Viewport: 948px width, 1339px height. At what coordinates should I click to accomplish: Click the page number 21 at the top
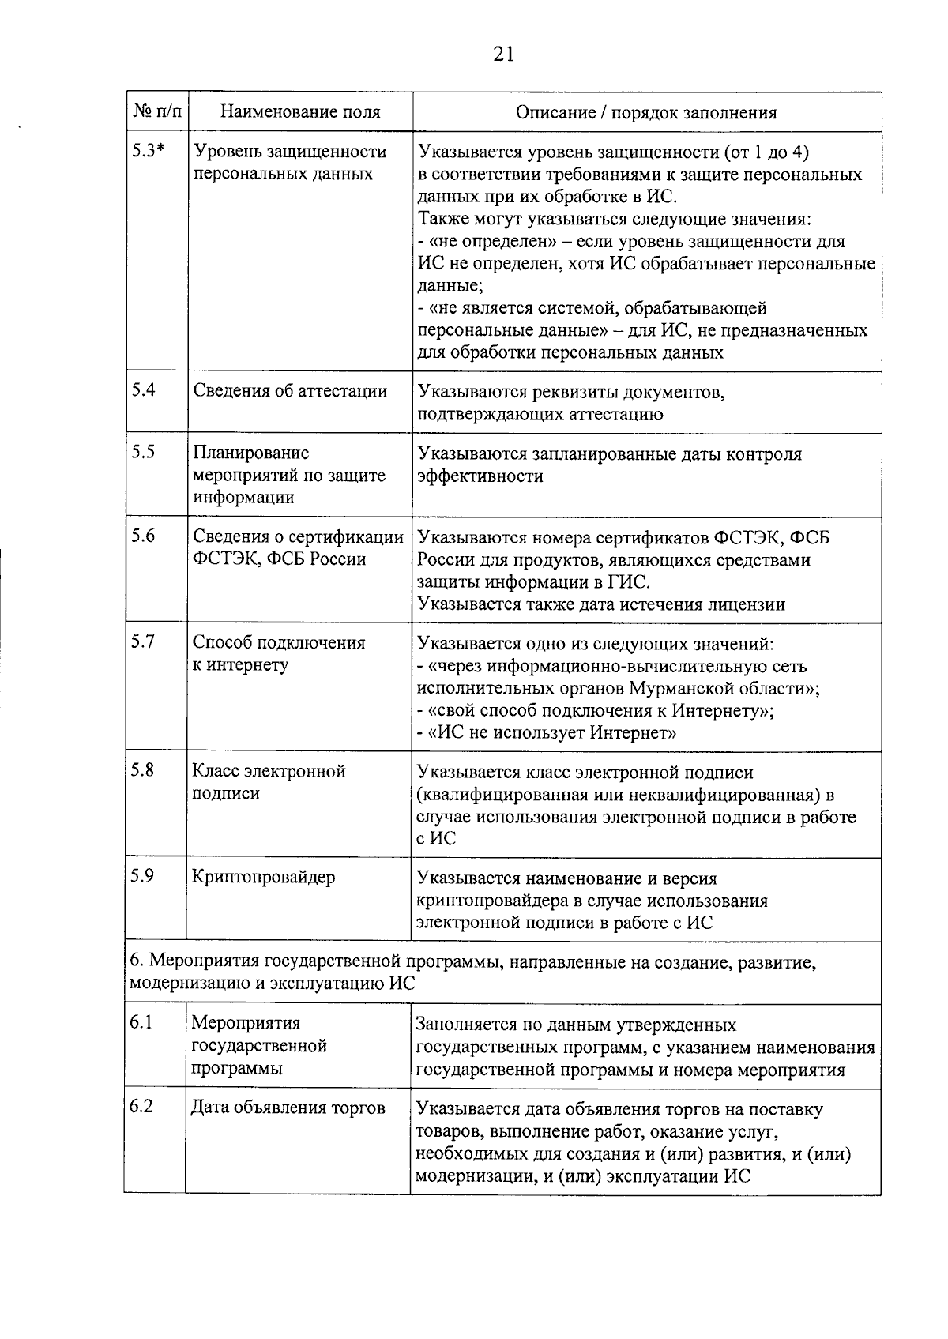coord(504,54)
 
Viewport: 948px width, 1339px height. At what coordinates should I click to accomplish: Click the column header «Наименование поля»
coord(299,112)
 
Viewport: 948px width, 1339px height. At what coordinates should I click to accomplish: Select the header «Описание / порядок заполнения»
coord(645,112)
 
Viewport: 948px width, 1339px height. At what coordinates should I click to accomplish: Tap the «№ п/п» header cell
coord(156,112)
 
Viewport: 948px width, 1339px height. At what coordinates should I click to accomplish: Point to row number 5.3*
coord(148,151)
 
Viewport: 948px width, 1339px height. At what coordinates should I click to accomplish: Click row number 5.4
coord(143,389)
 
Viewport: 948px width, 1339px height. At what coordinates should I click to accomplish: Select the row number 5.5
coord(143,452)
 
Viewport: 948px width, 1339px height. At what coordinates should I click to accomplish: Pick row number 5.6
coord(143,536)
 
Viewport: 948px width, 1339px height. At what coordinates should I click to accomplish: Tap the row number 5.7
coord(143,641)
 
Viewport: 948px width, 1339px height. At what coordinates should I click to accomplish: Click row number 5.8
coord(143,770)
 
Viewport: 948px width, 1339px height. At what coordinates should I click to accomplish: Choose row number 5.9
coord(143,876)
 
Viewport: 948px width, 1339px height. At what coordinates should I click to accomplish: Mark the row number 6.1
coord(141,1023)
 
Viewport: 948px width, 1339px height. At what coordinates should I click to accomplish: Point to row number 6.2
coord(141,1107)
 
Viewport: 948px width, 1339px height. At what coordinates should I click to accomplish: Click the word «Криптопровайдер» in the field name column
coord(264,878)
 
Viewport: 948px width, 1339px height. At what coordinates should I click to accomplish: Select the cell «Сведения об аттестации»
coord(290,391)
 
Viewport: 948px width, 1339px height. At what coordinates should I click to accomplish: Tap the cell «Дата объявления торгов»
coord(288,1108)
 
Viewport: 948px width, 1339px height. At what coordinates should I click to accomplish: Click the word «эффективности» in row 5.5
coord(480,476)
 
